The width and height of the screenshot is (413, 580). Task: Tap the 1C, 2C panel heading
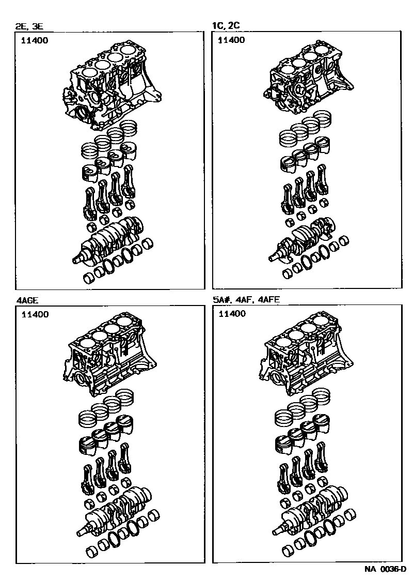point(226,25)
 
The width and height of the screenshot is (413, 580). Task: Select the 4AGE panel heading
point(27,300)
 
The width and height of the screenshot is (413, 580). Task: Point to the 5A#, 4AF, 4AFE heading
point(246,299)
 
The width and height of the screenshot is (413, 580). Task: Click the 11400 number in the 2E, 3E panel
point(35,40)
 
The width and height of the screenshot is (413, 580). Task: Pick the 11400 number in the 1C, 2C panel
point(231,40)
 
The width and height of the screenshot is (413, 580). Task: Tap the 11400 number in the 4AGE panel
point(35,314)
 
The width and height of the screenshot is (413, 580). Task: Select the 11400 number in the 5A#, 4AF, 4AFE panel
point(232,314)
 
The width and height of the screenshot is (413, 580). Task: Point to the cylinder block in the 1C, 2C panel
point(309,78)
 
